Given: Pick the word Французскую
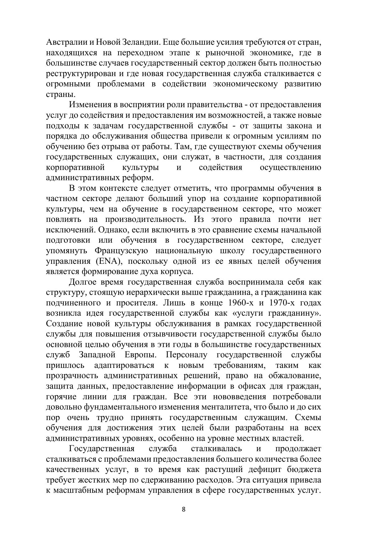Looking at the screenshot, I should click(x=122, y=250).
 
